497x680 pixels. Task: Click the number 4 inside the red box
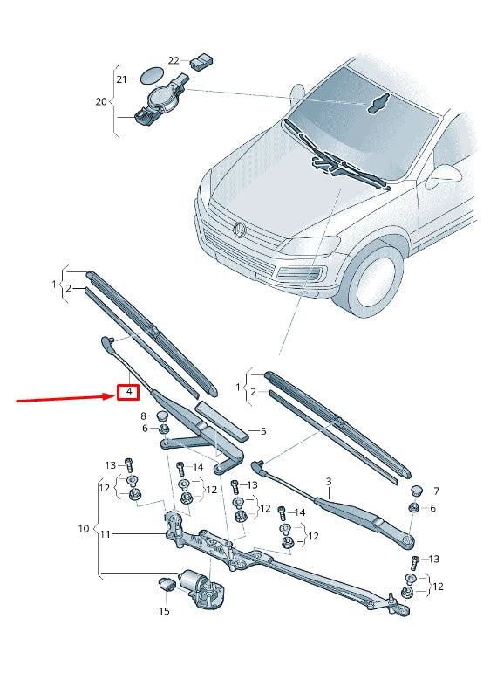pos(128,392)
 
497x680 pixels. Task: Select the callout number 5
pos(263,431)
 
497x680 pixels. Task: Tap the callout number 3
pos(329,482)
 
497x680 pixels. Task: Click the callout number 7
pos(436,491)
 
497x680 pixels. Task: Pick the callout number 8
pos(145,416)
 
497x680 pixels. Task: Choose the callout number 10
pos(84,529)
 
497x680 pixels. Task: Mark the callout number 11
pos(105,534)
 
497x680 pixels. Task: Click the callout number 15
pos(163,612)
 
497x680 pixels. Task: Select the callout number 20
pos(101,101)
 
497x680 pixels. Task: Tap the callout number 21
pos(122,79)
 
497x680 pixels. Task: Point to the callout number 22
pos(174,60)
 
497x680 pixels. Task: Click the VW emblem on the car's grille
pos(239,230)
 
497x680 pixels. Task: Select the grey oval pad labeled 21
pos(151,78)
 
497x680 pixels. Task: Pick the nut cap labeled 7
pos(416,491)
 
